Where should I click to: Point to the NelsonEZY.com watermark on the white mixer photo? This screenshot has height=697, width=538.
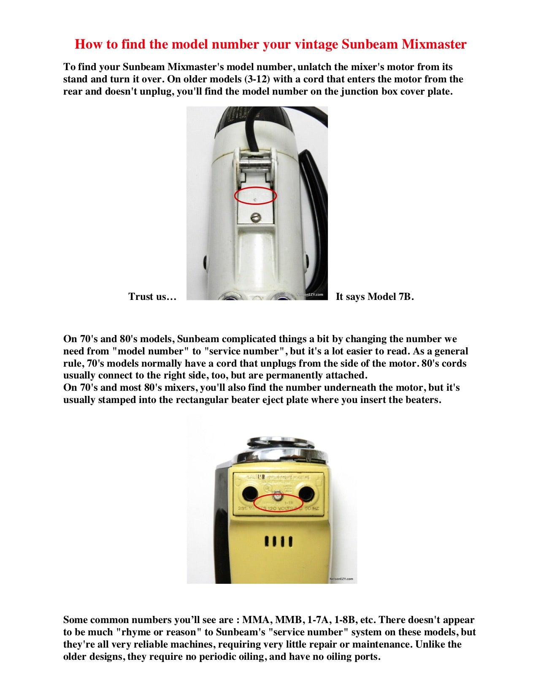pyautogui.click(x=310, y=294)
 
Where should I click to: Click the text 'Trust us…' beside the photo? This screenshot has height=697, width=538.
pyautogui.click(x=152, y=297)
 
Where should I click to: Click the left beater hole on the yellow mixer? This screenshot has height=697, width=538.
pyautogui.click(x=249, y=492)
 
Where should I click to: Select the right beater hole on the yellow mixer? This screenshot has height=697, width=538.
pyautogui.click(x=305, y=492)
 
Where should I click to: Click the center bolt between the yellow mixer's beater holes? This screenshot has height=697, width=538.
pyautogui.click(x=277, y=496)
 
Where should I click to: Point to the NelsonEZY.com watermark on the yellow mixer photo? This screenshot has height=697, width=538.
pyautogui.click(x=341, y=579)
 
